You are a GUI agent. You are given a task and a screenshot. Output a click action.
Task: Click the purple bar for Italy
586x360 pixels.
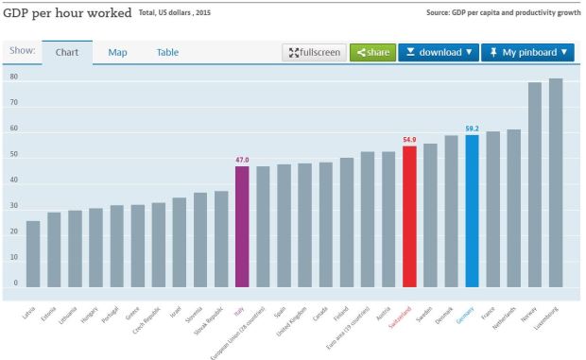(x=242, y=227)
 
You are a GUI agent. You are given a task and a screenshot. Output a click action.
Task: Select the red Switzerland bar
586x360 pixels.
(x=409, y=216)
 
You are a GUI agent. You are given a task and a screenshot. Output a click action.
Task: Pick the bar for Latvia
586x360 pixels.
(x=33, y=254)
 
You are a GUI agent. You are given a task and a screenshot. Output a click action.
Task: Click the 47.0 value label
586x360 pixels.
(x=242, y=160)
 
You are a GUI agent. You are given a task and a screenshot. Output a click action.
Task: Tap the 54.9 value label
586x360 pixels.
(x=409, y=140)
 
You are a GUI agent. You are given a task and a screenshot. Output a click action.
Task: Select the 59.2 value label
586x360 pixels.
(x=472, y=129)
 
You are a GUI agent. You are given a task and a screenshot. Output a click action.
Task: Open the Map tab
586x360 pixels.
(x=117, y=53)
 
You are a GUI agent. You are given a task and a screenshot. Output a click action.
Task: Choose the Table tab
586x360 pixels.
(x=167, y=53)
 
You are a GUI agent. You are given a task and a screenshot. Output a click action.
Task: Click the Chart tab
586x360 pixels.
(x=66, y=53)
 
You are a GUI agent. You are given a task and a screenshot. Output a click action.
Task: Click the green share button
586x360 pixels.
(x=371, y=53)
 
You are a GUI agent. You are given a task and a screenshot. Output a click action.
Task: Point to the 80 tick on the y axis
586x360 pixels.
(x=14, y=77)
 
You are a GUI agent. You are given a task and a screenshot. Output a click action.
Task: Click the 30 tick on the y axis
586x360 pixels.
(x=14, y=206)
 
